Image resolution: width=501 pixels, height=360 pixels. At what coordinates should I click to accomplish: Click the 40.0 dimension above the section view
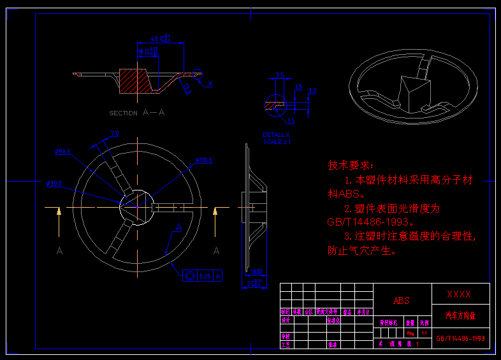160,39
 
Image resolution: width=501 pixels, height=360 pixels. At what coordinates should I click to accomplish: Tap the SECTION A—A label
137,113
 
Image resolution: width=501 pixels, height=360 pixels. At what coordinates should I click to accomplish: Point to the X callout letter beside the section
211,83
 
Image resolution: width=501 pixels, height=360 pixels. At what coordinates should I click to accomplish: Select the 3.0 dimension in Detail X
312,90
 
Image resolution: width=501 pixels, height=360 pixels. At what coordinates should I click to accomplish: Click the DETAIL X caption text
276,135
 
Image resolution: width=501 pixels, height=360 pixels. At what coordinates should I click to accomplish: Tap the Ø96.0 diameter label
62,152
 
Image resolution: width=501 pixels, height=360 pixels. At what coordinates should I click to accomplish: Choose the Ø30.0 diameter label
54,184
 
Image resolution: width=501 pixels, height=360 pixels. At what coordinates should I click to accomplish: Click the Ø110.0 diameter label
204,161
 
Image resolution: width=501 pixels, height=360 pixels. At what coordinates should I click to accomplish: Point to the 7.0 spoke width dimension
115,134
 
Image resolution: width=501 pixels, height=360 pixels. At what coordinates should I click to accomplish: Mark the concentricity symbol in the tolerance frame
191,276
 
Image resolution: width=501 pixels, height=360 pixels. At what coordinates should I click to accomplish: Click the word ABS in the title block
402,301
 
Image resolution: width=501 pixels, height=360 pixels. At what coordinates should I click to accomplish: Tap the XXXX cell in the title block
460,294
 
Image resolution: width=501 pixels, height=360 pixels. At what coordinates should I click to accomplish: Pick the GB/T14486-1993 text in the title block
461,339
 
